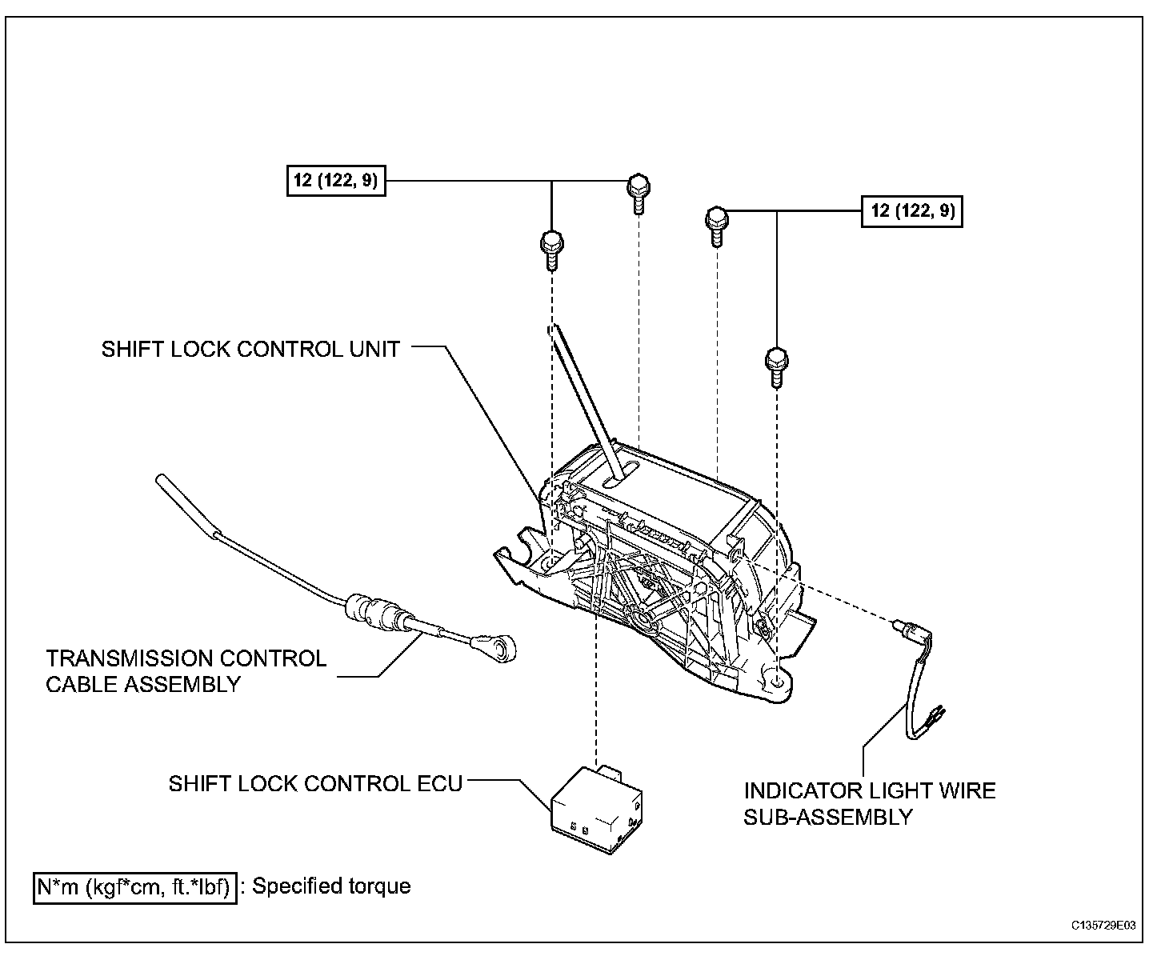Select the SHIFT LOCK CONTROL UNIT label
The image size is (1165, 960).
tap(250, 350)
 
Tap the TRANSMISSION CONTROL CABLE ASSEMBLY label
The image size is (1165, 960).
tap(186, 671)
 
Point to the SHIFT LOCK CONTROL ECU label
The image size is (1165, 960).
tap(315, 783)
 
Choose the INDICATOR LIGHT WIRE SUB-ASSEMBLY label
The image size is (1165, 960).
tap(870, 803)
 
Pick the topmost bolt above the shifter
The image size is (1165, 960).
tap(638, 192)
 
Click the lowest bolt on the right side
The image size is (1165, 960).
tap(775, 367)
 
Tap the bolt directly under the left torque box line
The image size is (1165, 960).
tap(552, 249)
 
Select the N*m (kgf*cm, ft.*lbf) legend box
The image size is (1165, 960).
tap(135, 887)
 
